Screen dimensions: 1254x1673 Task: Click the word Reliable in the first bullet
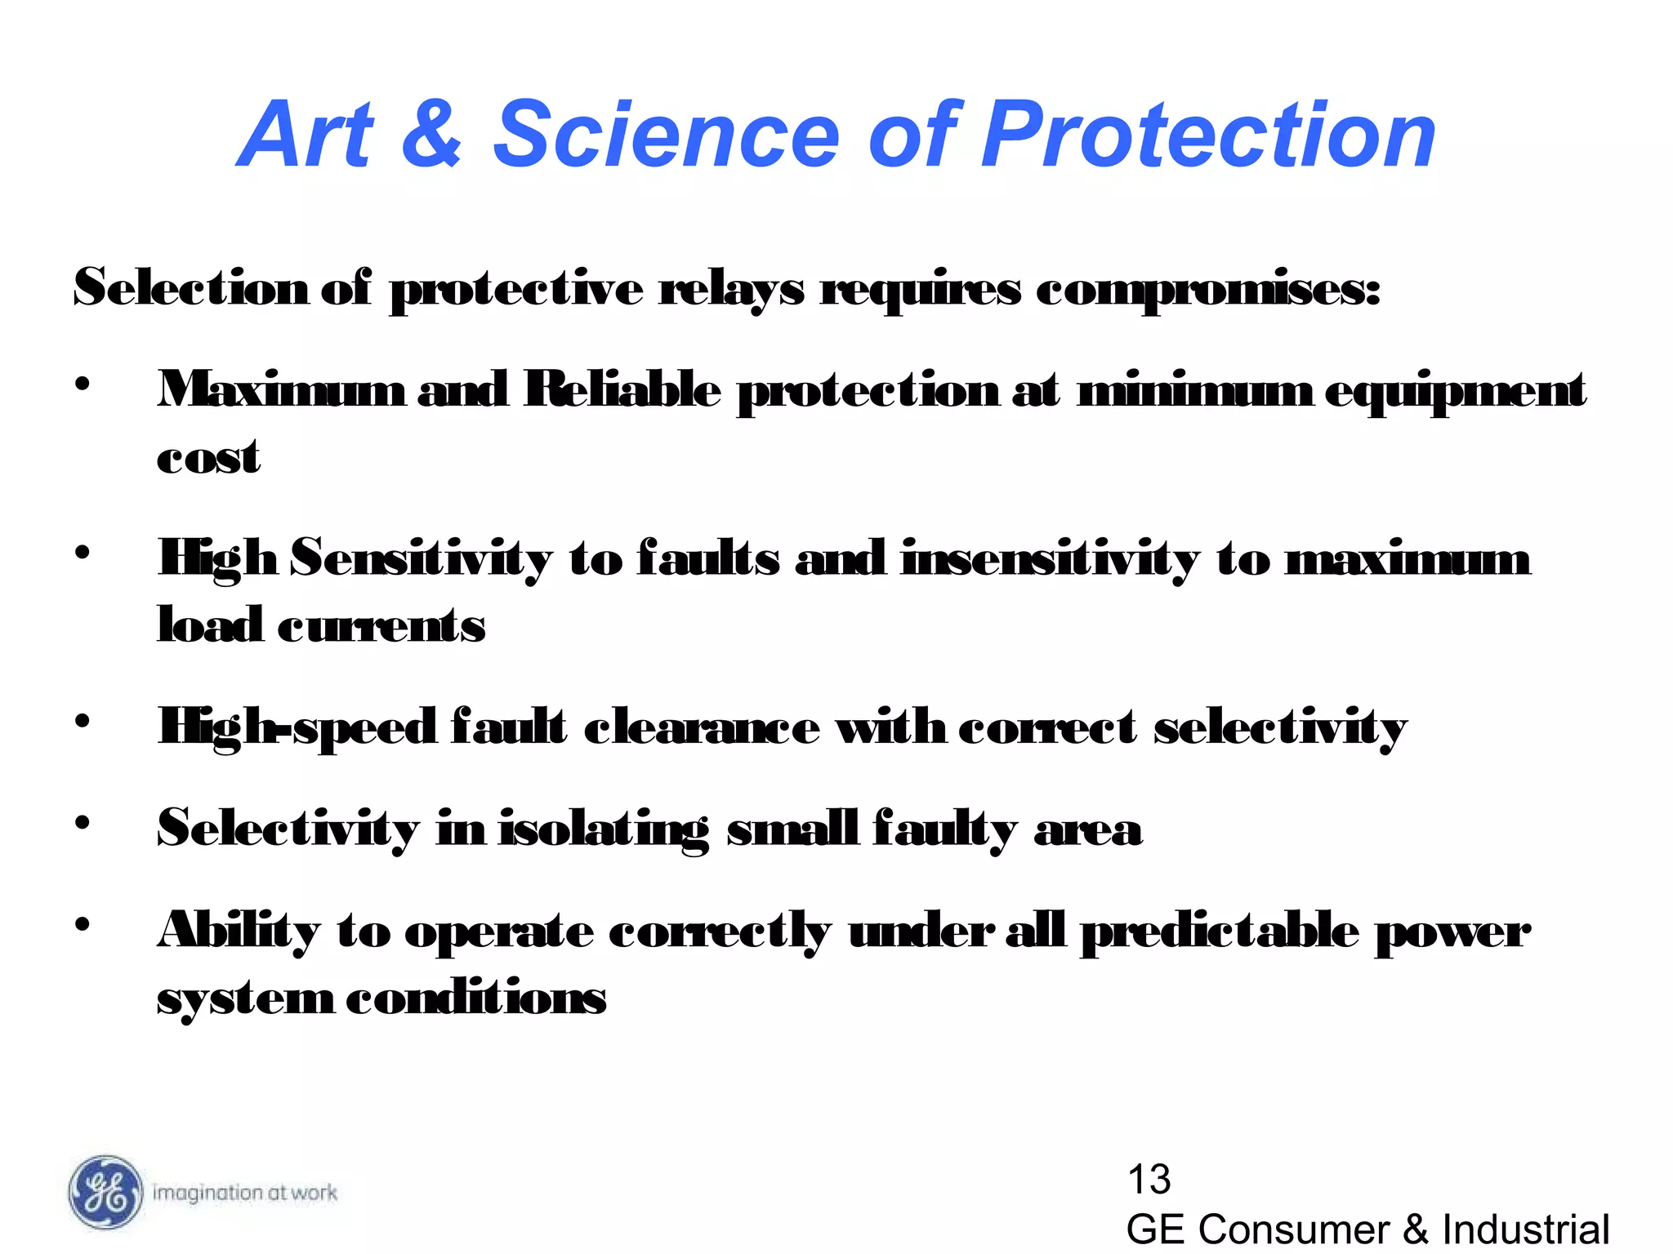coord(622,389)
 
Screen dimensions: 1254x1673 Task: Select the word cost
coord(209,457)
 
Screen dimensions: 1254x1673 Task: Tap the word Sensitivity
coord(422,559)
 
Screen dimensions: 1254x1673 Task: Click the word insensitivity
coord(1051,559)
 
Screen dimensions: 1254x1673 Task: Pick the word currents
coord(381,626)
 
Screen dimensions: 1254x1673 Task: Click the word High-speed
coord(297,727)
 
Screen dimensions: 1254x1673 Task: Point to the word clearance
coord(702,727)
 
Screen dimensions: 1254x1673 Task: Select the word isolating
coord(605,829)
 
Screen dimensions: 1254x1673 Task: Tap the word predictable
coord(1220,931)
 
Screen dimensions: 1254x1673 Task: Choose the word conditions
coord(476,998)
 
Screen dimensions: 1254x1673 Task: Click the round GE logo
coord(104,1193)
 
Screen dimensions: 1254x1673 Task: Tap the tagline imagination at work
coord(244,1193)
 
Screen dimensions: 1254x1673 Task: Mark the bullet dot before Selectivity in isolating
coord(83,823)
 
